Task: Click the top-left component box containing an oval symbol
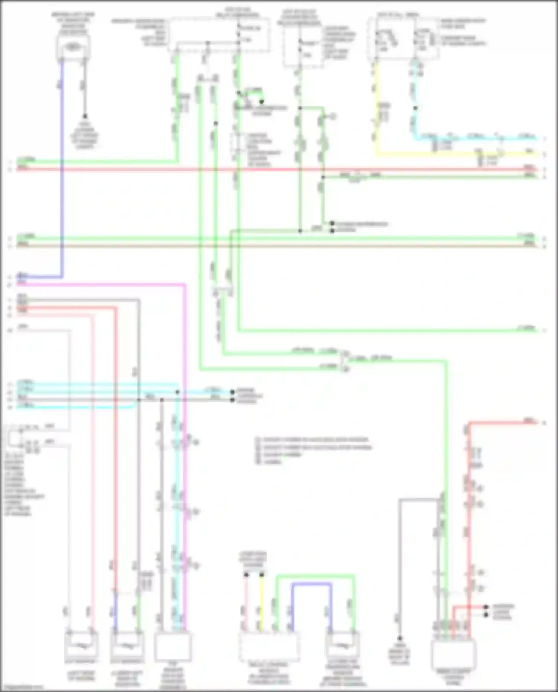[x=74, y=48]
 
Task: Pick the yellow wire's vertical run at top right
[x=376, y=108]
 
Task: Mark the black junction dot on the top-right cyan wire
[x=416, y=109]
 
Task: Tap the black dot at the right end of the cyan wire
[x=232, y=392]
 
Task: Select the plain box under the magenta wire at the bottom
[x=173, y=646]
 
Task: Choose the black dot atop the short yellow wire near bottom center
[x=262, y=575]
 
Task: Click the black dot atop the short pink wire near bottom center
[x=246, y=575]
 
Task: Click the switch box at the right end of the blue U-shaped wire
[x=342, y=646]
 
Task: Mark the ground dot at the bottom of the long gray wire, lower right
[x=400, y=638]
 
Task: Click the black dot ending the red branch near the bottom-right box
[x=485, y=607]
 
